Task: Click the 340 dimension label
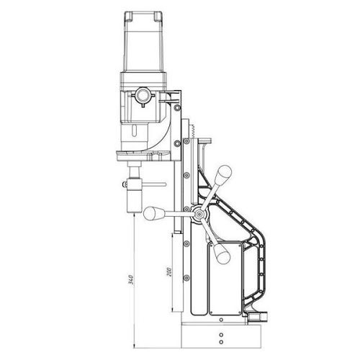(131, 280)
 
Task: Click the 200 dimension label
(169, 271)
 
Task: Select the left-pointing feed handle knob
(151, 213)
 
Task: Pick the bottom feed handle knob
(222, 253)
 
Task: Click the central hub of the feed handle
(199, 214)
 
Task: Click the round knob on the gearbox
(143, 96)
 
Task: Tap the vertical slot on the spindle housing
(134, 130)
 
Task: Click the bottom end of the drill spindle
(134, 212)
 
